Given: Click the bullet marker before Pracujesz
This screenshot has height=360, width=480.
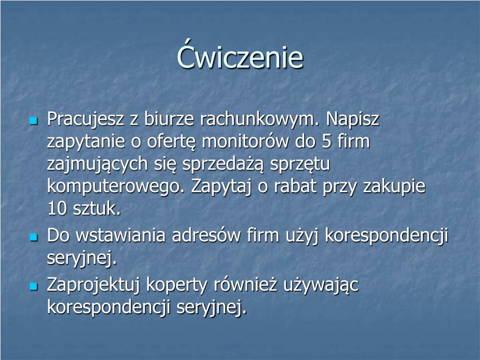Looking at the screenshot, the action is [34, 120].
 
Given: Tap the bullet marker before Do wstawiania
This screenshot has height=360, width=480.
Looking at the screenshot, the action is [34, 237].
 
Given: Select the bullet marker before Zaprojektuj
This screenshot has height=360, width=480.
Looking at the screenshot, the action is [34, 286].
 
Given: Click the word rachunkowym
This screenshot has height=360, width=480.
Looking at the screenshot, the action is [260, 119].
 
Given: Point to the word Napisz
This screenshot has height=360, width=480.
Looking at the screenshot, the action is [352, 120].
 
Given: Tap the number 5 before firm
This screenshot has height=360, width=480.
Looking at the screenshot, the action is [327, 142].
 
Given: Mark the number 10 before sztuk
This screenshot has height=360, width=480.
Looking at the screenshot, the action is [57, 209].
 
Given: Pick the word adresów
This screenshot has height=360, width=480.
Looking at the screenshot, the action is [206, 235].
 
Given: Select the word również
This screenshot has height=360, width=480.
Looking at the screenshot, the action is [246, 285].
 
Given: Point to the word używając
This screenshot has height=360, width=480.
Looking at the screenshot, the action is [321, 285].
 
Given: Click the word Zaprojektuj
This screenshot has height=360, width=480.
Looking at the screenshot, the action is [93, 285].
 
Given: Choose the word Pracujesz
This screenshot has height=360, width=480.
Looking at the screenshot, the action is [85, 120].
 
